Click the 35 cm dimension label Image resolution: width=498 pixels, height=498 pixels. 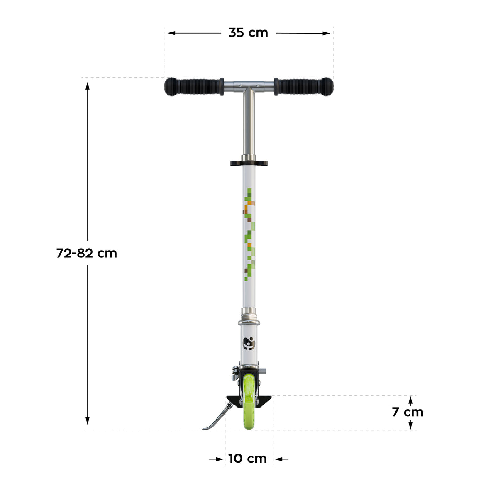click(248, 33)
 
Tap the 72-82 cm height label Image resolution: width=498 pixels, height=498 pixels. click(87, 253)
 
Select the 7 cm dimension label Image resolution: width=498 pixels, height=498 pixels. click(408, 412)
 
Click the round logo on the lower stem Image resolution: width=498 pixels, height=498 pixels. click(249, 344)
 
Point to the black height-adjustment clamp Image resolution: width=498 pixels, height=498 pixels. click(249, 163)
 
